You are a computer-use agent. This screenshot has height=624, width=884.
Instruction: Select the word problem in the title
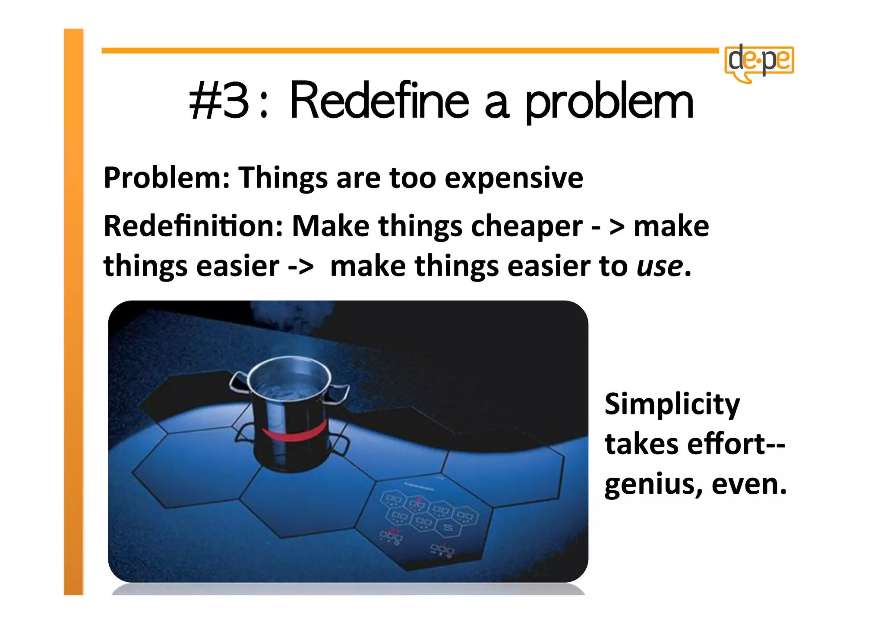609,103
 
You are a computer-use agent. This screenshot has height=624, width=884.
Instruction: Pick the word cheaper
527,227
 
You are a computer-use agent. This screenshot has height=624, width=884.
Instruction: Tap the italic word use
660,267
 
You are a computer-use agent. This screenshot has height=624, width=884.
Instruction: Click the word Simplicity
672,405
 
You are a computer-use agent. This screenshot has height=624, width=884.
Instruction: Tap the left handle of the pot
238,382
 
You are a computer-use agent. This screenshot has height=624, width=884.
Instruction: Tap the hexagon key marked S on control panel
448,527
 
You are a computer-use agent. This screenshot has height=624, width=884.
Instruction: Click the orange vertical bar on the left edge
73,310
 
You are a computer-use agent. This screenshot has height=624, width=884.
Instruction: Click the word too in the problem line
412,178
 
